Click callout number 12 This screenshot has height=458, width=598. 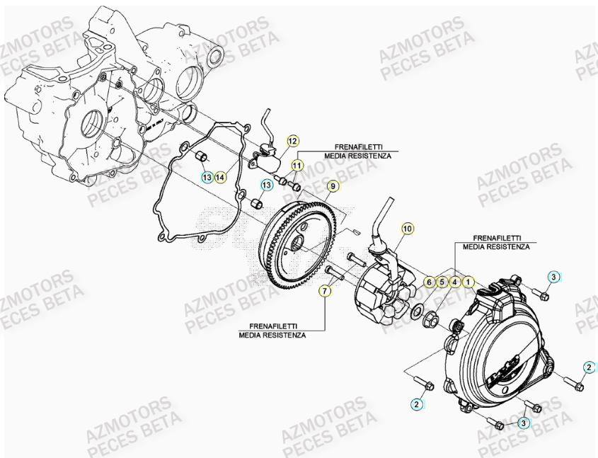pos(292,140)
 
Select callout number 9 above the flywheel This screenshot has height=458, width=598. pos(332,187)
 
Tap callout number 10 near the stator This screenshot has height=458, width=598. pos(407,228)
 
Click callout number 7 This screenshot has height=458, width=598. pos(325,291)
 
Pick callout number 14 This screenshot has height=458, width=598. pos(220,176)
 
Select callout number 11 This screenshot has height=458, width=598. pos(297,165)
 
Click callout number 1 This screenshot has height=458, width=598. pos(468,282)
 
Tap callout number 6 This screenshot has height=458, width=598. pos(429,282)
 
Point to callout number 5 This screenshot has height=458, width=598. pos(442,282)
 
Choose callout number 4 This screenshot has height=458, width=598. pos(455,282)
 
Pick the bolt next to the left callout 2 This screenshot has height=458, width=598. pos(427,386)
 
